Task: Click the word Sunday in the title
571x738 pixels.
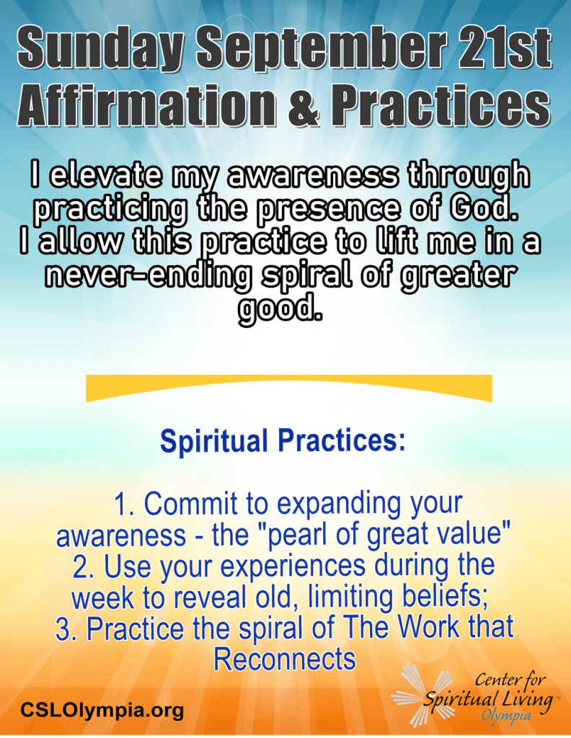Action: point(99,48)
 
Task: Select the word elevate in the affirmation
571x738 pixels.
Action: point(104,175)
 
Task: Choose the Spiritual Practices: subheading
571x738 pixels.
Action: point(283,440)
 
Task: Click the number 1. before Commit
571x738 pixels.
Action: point(125,504)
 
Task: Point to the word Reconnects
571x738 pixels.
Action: point(284,659)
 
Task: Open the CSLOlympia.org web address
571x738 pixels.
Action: point(102,709)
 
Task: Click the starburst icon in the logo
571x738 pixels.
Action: point(420,693)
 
